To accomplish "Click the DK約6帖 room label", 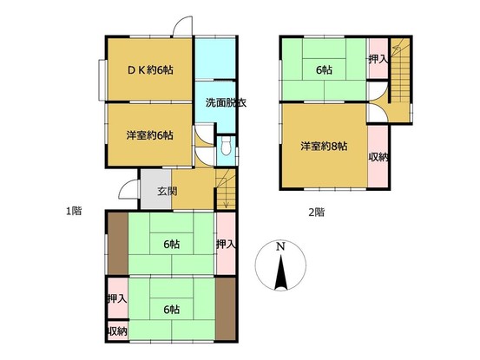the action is (x=150, y=70).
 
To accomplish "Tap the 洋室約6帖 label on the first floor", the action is (x=149, y=134).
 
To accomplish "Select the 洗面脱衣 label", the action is (x=226, y=102).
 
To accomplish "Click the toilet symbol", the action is (x=226, y=146).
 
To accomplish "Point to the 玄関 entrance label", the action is (x=168, y=192).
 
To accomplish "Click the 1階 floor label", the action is (x=74, y=211).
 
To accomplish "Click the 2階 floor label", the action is (x=316, y=212).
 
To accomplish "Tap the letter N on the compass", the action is (x=280, y=246).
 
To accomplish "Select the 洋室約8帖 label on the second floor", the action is (x=324, y=147).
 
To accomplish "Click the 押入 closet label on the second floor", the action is (x=378, y=59).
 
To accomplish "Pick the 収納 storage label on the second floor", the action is (x=378, y=157).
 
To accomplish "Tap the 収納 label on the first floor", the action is (x=117, y=331).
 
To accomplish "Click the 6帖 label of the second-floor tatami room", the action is (x=324, y=70).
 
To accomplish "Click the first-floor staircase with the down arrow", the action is (x=226, y=189).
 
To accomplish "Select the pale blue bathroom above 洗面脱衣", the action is (x=215, y=58).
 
